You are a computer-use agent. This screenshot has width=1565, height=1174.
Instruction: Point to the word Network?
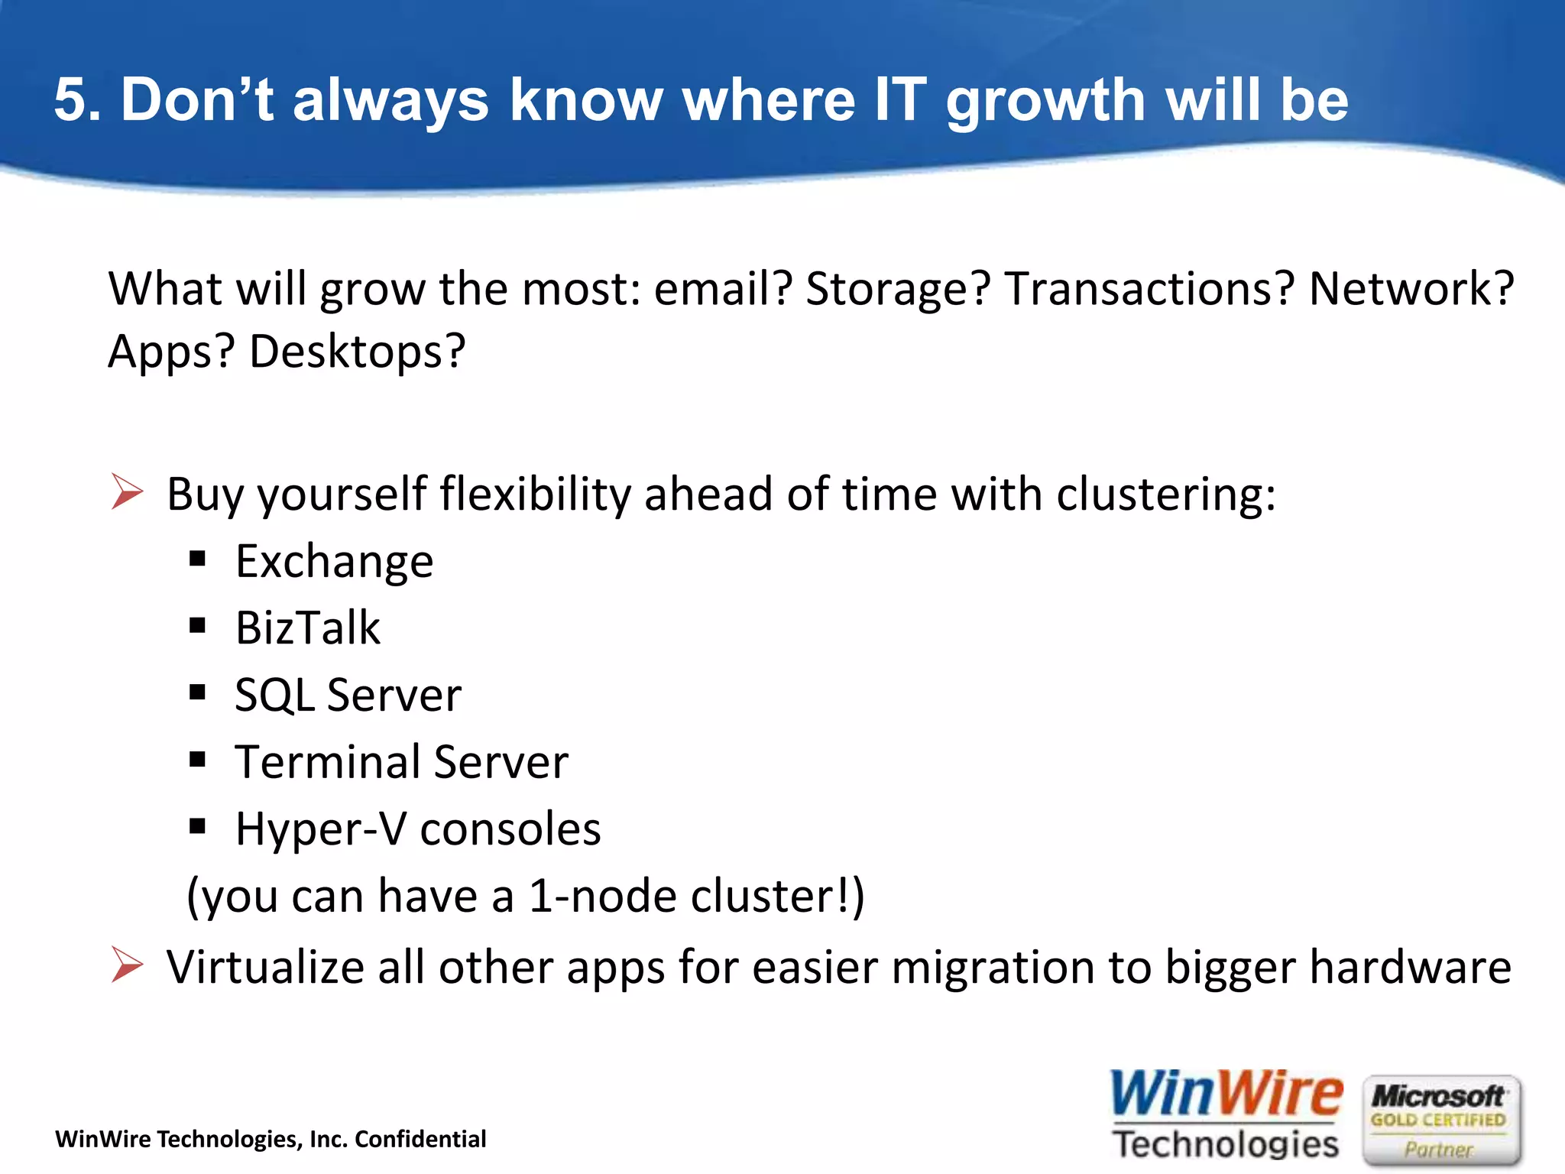point(1411,289)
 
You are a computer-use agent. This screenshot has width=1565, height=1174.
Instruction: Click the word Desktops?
point(357,352)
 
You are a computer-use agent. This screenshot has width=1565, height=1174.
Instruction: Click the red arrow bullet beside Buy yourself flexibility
point(126,491)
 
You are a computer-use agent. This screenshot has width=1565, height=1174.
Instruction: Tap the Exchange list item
point(334,562)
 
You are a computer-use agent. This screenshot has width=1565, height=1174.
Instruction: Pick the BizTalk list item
point(307,628)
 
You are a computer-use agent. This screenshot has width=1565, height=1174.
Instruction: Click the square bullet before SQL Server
point(198,693)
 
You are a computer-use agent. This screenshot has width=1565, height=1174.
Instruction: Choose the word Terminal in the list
point(328,762)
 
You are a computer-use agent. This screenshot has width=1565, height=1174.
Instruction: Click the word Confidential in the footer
point(420,1140)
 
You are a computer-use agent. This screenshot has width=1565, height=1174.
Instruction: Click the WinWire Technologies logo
point(1226,1114)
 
